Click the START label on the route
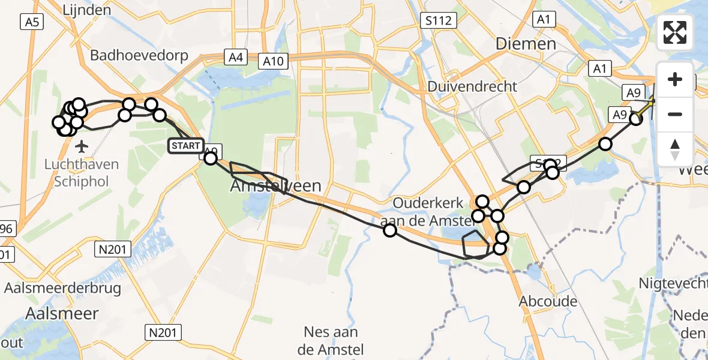(185, 146)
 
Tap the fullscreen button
(675, 32)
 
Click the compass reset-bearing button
(675, 149)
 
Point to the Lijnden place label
(88, 10)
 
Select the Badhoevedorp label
(139, 56)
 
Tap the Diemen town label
(526, 44)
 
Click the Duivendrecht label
(473, 86)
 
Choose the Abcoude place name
(548, 301)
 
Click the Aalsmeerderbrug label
(62, 288)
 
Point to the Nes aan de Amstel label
(331, 340)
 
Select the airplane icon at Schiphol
(82, 146)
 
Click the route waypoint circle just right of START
(211, 158)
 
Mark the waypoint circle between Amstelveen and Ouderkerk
(390, 230)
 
